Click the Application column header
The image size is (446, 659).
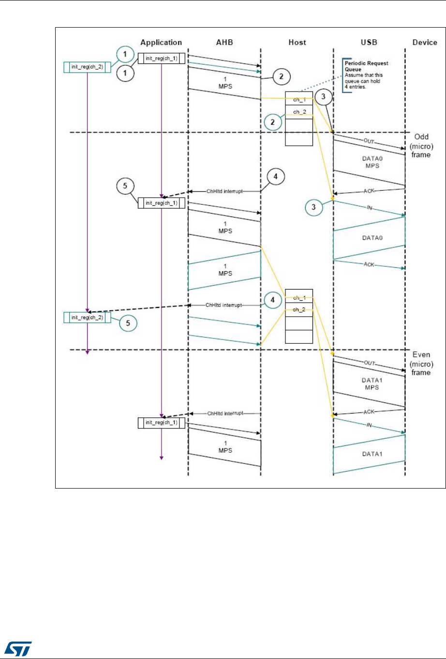point(161,43)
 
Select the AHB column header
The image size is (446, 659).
point(224,43)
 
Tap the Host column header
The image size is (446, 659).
point(297,43)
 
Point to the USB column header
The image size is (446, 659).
point(369,43)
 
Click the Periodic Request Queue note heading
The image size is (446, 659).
point(366,66)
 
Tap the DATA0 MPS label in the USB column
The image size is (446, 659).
point(370,162)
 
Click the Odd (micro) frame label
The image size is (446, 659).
point(421,146)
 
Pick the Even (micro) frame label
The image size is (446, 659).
point(421,364)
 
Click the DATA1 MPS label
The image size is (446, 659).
point(370,384)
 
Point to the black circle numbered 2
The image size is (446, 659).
point(282,76)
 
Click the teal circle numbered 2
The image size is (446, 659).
point(273,122)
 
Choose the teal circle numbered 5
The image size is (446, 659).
point(128,323)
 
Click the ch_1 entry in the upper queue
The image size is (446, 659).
point(299,100)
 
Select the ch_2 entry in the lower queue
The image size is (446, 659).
point(299,309)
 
